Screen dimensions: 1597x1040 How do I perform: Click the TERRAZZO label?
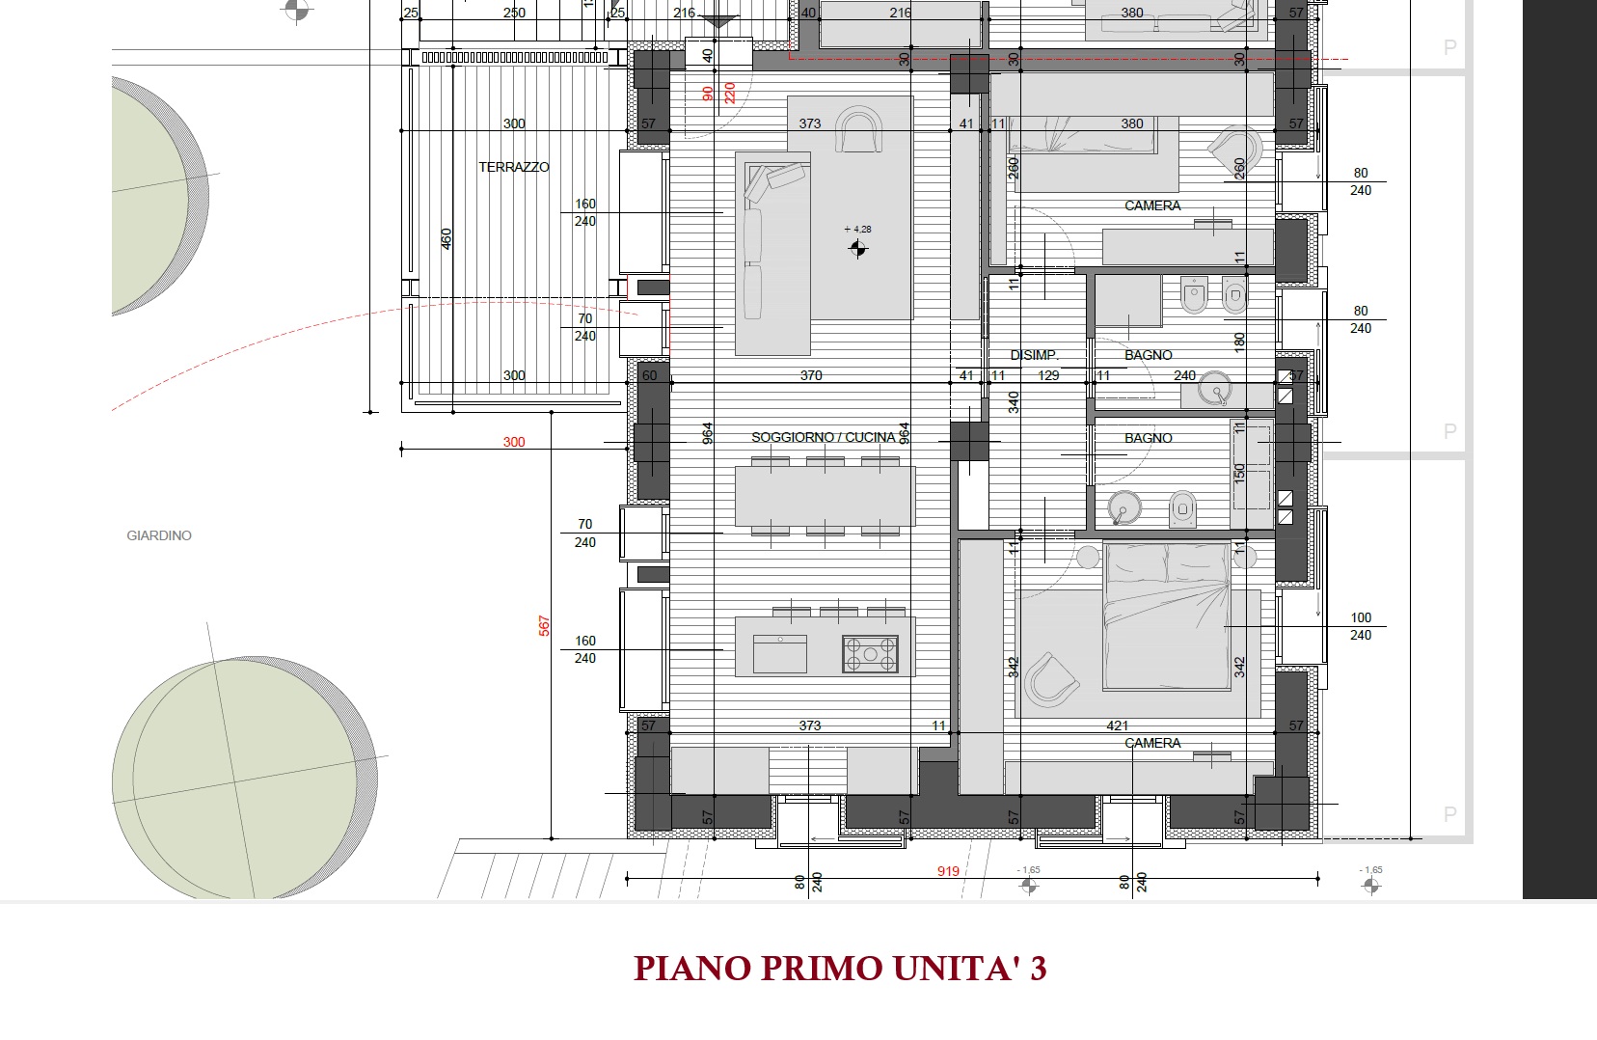click(x=513, y=167)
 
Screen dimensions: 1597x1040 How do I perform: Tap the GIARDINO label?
click(x=159, y=535)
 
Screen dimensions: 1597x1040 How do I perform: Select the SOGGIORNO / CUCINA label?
click(x=823, y=437)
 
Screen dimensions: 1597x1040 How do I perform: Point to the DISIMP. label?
click(x=1034, y=354)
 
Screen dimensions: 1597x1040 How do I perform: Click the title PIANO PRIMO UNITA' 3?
click(x=840, y=968)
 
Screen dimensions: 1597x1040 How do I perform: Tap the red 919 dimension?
click(x=948, y=871)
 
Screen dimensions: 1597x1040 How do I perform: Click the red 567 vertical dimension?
click(x=544, y=625)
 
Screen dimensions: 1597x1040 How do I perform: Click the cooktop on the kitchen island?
click(x=870, y=654)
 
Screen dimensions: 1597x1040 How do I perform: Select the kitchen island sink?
click(x=780, y=654)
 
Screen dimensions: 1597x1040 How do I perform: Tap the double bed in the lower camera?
click(x=1166, y=616)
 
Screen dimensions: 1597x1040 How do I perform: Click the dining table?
click(x=825, y=497)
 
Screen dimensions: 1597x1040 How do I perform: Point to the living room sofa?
click(x=772, y=253)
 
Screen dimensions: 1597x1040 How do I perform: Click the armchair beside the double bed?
click(x=1050, y=680)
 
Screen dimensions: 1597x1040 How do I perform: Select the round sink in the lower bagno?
click(x=1124, y=507)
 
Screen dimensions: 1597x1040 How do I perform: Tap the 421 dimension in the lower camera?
click(x=1117, y=725)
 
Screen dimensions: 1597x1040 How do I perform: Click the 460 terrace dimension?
click(x=447, y=239)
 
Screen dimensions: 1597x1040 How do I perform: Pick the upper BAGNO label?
click(x=1148, y=354)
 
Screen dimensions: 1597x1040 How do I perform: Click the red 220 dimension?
click(x=729, y=94)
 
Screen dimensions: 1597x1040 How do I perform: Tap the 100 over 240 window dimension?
click(x=1361, y=626)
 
